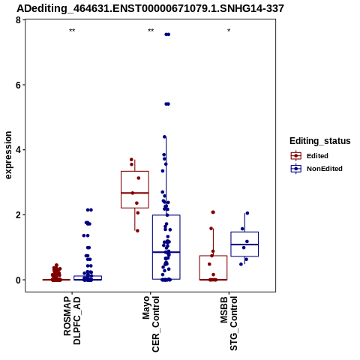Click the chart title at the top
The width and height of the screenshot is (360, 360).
click(150, 8)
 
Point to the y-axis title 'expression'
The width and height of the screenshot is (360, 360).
click(8, 155)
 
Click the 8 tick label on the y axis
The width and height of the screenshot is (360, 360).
click(18, 19)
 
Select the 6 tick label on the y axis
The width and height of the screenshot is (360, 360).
click(18, 85)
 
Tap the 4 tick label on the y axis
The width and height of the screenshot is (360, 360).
click(18, 150)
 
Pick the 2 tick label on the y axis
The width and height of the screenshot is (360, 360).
click(18, 215)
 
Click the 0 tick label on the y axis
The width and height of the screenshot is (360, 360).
click(18, 280)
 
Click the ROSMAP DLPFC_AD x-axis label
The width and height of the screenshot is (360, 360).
click(72, 320)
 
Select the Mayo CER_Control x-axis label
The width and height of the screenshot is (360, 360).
click(151, 324)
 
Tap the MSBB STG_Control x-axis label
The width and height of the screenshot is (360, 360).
click(229, 323)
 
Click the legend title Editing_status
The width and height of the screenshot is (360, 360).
click(320, 141)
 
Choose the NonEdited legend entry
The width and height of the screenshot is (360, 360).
click(316, 169)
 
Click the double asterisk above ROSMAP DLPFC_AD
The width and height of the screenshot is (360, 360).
click(72, 31)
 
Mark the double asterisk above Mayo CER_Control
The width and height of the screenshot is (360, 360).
click(151, 31)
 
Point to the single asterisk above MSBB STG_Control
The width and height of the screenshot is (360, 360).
click(229, 31)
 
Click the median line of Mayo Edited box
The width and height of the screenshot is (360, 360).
click(135, 193)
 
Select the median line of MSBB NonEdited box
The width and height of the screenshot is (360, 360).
click(244, 244)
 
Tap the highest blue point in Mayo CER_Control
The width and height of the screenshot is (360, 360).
click(167, 34)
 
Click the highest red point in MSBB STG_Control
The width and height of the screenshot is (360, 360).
click(213, 212)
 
